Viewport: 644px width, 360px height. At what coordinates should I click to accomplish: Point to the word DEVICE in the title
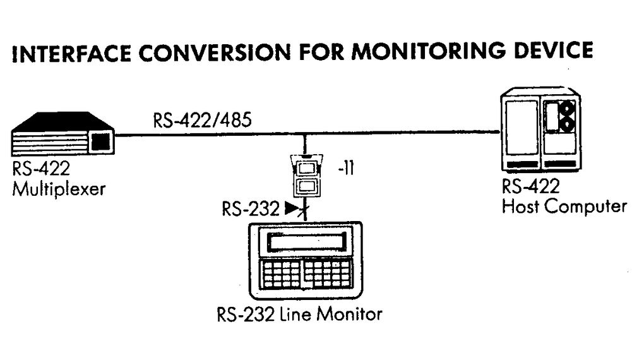coord(554,51)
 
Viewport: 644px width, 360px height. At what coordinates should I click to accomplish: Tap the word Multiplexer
coord(58,188)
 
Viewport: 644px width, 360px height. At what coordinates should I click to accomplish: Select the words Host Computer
coord(564,206)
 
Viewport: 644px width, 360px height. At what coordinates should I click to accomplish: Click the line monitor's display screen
coord(307,243)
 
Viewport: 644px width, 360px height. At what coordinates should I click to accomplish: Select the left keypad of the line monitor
coord(282,273)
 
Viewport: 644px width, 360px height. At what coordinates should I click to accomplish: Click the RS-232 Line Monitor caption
coord(299,313)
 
